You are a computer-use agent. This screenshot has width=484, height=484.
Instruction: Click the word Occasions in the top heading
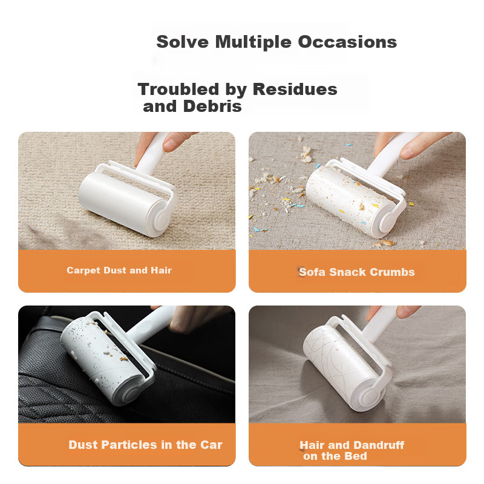pyautogui.click(x=347, y=42)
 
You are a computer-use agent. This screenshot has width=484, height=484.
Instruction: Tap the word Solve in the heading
pyautogui.click(x=183, y=42)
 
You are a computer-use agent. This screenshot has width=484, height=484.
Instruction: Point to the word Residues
pyautogui.click(x=295, y=89)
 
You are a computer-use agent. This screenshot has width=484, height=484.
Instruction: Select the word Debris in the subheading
pyautogui.click(x=212, y=106)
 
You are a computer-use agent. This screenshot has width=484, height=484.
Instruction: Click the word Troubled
pyautogui.click(x=178, y=89)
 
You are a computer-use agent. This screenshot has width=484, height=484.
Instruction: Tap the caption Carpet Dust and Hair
pyautogui.click(x=119, y=270)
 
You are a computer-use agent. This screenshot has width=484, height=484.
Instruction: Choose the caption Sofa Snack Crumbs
pyautogui.click(x=357, y=272)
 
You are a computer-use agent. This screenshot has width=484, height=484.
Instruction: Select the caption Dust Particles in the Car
pyautogui.click(x=145, y=445)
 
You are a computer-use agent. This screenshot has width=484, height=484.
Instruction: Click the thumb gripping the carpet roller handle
pyautogui.click(x=175, y=142)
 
